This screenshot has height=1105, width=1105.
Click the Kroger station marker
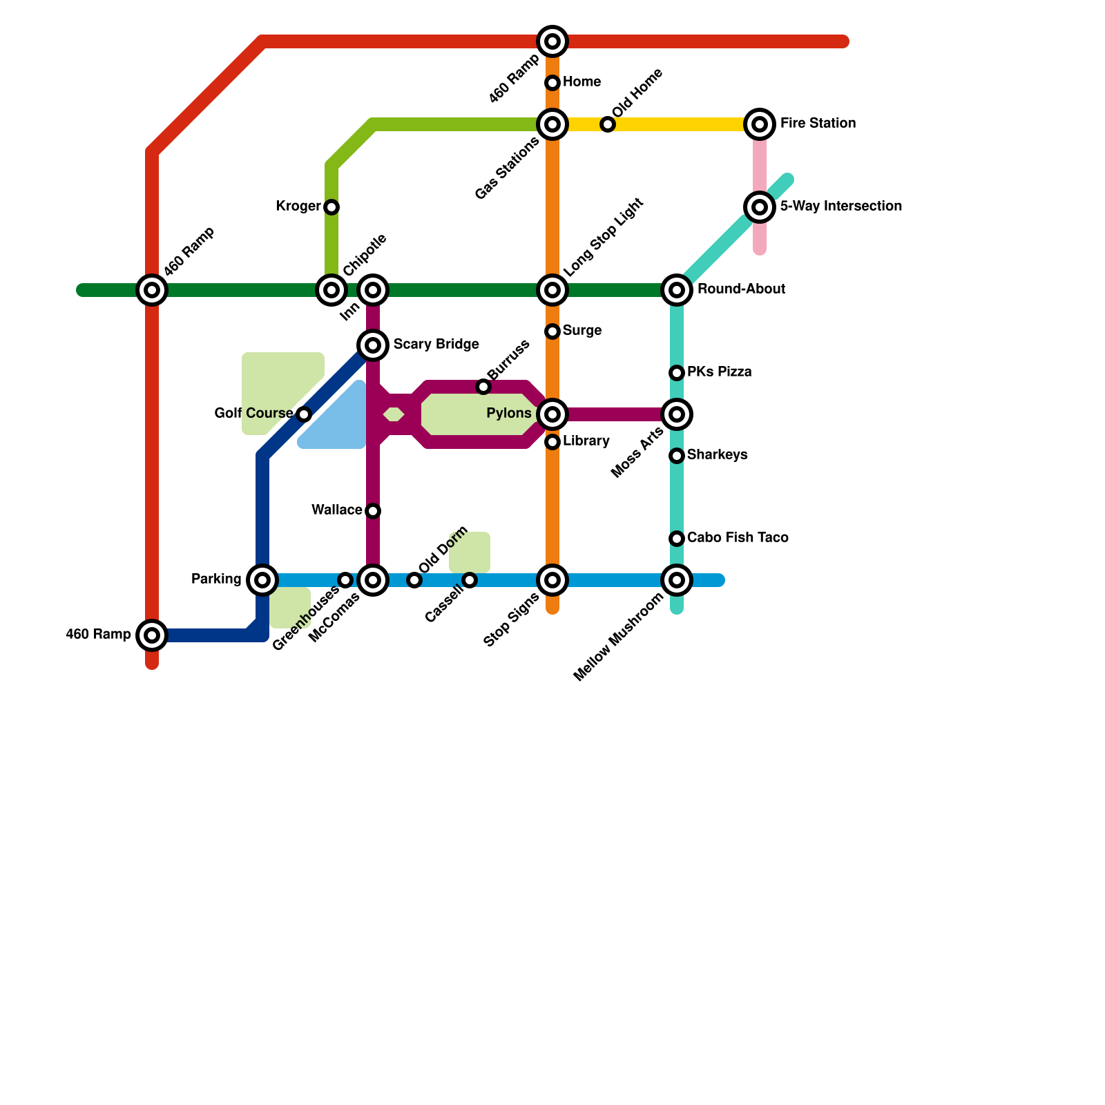coord(331,207)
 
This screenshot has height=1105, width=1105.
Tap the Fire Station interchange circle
coord(760,124)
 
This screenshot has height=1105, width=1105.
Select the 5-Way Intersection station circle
coord(760,207)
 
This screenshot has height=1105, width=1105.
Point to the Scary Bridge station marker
coord(373,345)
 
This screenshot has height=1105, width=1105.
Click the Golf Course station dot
coord(304,414)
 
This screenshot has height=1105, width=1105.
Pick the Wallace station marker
coord(373,511)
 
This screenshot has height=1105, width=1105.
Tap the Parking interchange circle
coord(262,580)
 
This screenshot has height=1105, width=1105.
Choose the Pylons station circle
coord(552,414)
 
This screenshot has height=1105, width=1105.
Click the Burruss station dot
coord(483,387)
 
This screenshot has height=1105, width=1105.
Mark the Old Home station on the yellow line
coord(608,124)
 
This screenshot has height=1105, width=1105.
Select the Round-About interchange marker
coord(677,290)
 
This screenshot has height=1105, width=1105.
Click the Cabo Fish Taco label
coord(738,537)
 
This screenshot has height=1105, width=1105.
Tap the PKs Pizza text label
coord(719,372)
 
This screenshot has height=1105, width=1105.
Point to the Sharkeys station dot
coord(677,456)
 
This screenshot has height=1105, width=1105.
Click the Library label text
coord(586,441)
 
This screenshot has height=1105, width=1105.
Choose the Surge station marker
coord(552,331)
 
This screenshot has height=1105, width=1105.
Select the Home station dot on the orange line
coord(552,83)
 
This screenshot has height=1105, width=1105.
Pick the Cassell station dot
coord(470,580)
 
